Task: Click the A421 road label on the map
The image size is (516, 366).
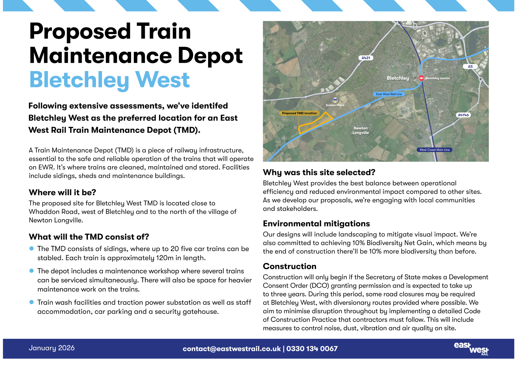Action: (365, 58)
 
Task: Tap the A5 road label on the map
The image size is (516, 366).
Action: (470, 66)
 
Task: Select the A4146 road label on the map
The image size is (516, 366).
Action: (463, 115)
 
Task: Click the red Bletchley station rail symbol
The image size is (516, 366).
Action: (421, 78)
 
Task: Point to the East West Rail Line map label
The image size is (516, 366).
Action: (389, 94)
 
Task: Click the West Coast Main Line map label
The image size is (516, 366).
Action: (434, 150)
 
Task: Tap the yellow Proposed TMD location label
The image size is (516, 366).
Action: (299, 113)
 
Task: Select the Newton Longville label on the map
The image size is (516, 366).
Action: (361, 130)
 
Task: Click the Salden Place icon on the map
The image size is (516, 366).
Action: (335, 100)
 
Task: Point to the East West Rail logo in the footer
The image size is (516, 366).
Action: (471, 349)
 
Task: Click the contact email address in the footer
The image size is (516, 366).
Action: (232, 349)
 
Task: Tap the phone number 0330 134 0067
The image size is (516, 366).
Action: (312, 349)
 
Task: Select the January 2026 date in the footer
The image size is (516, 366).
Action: (52, 348)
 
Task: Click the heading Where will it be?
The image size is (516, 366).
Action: (62, 192)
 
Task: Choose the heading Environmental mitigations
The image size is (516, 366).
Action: (316, 224)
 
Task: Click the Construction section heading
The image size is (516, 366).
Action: (290, 266)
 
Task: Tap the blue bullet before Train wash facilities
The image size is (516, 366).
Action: (32, 302)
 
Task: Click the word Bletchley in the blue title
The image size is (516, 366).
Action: (79, 80)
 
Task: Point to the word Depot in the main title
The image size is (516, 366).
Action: (210, 56)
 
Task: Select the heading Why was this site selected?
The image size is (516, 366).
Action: (319, 172)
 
